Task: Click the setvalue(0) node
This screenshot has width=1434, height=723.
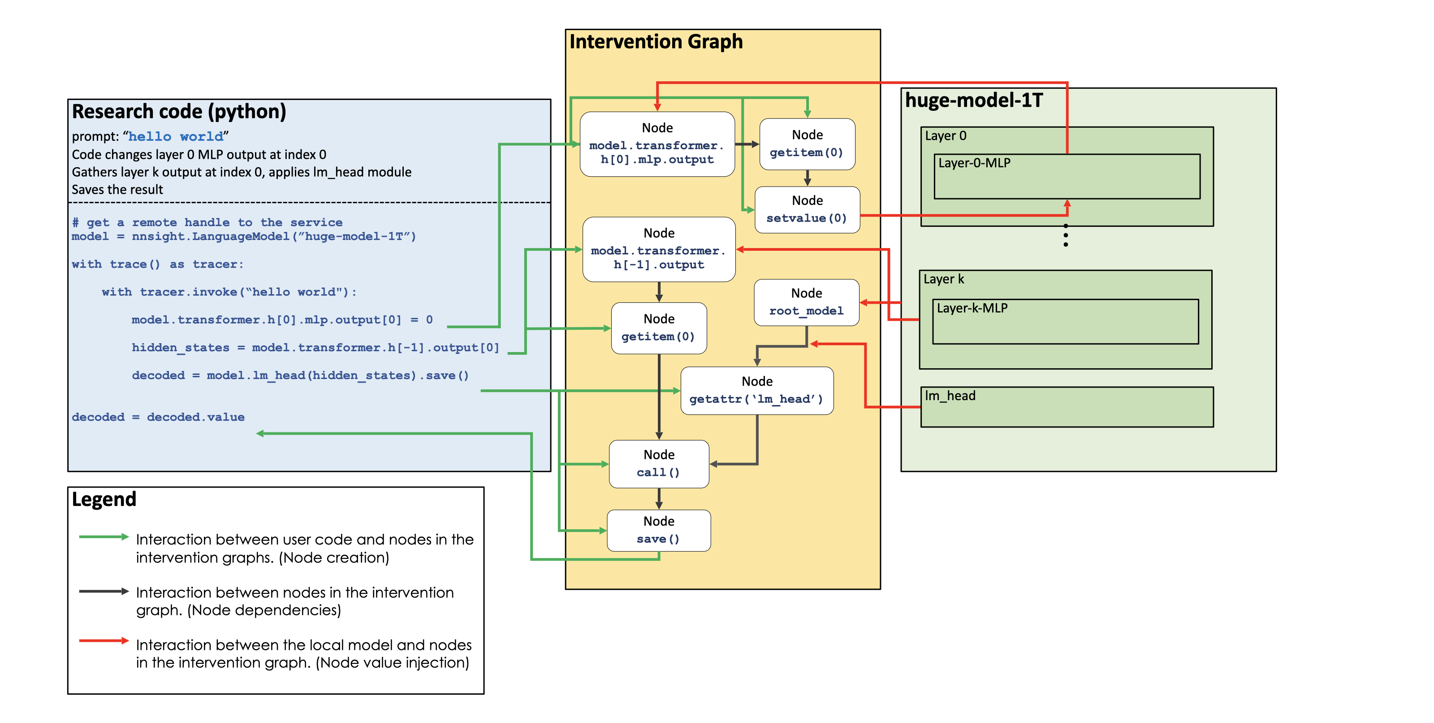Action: click(807, 210)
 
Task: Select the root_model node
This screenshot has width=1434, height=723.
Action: click(806, 302)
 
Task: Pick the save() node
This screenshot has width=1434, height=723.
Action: click(659, 530)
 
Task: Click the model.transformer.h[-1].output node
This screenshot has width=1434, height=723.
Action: click(659, 249)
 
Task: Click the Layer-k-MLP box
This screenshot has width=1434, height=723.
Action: click(1065, 322)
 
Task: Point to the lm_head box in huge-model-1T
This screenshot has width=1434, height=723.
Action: click(1067, 407)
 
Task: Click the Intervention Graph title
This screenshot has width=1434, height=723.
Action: click(656, 42)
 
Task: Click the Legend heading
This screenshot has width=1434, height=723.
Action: click(104, 499)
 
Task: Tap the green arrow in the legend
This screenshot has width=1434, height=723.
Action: click(104, 537)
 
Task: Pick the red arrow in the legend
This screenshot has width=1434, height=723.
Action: click(104, 641)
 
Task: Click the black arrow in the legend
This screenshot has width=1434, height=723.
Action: click(104, 592)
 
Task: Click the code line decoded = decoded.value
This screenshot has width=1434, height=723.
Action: click(158, 417)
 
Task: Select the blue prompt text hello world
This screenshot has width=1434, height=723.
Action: click(176, 136)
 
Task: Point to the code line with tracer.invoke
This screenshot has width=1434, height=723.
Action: click(229, 292)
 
